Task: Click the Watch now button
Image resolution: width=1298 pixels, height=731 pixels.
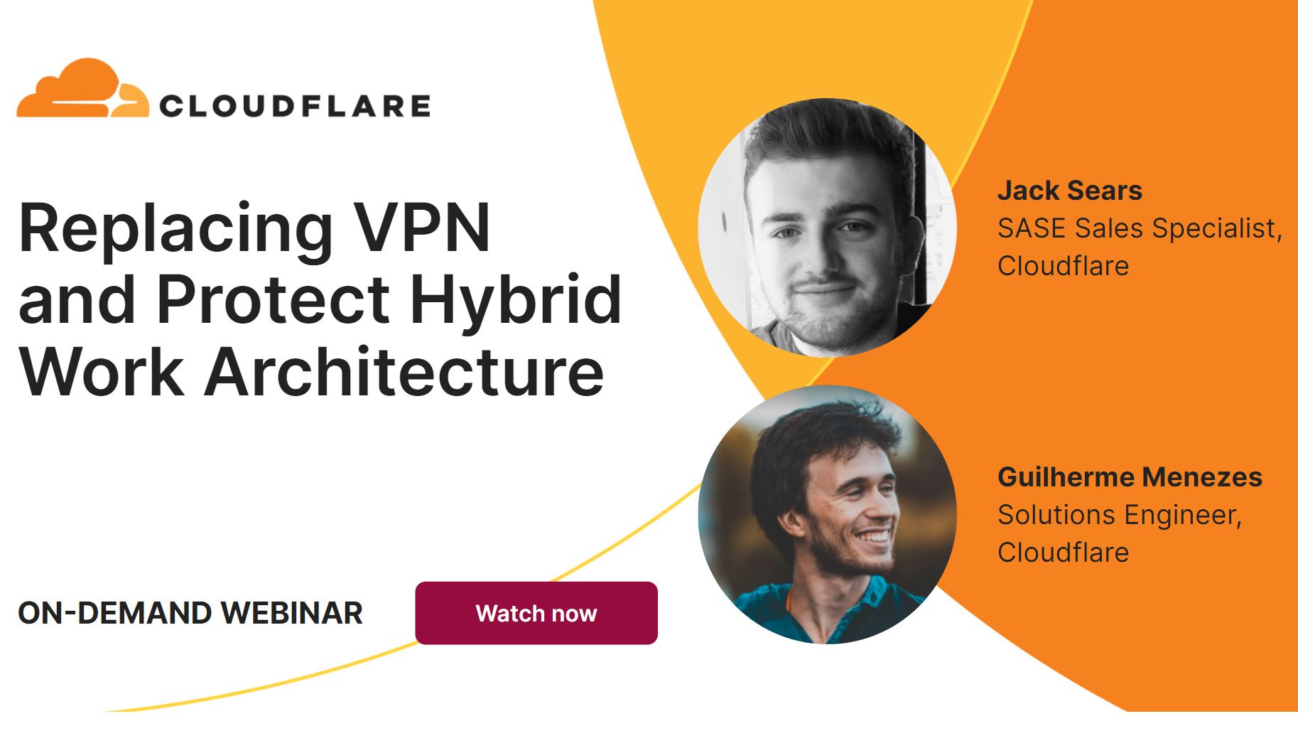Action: [536, 613]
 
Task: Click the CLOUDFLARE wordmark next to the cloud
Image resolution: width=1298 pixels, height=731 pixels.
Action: [295, 106]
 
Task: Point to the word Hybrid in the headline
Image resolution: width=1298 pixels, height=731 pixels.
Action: [516, 299]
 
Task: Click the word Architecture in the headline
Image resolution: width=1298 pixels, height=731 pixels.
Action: [404, 371]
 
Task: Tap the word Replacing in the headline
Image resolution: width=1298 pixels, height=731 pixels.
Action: [175, 229]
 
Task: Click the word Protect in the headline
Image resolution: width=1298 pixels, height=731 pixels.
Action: [273, 299]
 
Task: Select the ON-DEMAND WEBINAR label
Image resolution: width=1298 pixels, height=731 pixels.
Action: [190, 613]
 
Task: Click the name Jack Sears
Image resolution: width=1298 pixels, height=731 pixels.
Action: [1069, 191]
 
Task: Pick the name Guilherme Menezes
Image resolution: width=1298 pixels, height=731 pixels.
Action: [1130, 477]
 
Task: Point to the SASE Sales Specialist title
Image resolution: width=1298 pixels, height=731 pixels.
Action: [1139, 228]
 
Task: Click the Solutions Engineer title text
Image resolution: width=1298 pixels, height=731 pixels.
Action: [1119, 515]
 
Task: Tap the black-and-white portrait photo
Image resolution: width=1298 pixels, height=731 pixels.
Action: [827, 228]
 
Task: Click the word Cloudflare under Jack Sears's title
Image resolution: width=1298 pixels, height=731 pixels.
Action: [1063, 266]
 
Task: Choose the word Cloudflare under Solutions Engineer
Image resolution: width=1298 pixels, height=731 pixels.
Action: [1063, 553]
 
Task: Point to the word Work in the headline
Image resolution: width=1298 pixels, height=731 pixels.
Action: [101, 371]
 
